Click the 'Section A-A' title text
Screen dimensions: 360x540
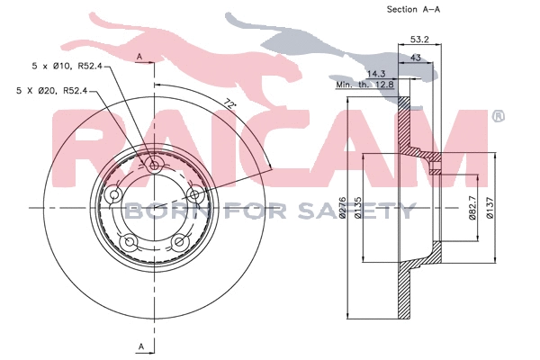pos(413,10)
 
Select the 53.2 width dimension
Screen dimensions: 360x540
pos(418,40)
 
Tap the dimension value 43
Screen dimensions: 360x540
pos(416,58)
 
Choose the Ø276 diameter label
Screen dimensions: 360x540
pos(343,208)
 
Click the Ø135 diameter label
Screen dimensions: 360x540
pos(358,208)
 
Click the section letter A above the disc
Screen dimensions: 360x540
pos(141,57)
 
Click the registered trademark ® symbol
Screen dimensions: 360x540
pos(499,116)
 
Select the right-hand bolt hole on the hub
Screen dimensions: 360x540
pos(194,193)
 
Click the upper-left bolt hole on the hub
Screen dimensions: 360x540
pos(114,195)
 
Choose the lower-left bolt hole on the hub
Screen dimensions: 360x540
pos(130,240)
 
